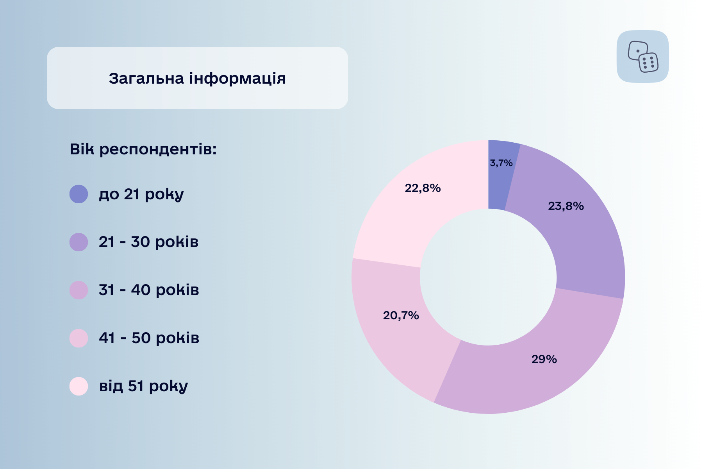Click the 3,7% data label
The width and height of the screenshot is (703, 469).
501,163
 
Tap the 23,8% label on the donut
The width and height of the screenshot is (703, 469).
566,206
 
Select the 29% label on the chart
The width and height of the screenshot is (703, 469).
544,359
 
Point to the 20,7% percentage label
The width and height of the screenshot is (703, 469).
401,315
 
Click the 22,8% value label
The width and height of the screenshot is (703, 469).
423,188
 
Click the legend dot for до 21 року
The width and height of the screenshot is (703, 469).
79,194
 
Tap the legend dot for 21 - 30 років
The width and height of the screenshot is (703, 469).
79,242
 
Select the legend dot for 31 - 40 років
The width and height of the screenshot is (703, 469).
79,290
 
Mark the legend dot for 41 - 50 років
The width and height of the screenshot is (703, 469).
79,338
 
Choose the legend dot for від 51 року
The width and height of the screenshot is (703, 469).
79,387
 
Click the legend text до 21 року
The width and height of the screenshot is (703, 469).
141,195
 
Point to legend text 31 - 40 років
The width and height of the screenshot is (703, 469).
149,290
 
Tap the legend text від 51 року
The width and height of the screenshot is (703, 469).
143,387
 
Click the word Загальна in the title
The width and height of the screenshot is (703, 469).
146,79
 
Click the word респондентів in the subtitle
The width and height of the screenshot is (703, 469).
158,150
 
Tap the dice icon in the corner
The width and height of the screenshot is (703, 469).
643,57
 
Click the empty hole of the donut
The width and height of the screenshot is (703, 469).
488,277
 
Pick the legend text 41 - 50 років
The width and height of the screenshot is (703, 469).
149,338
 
